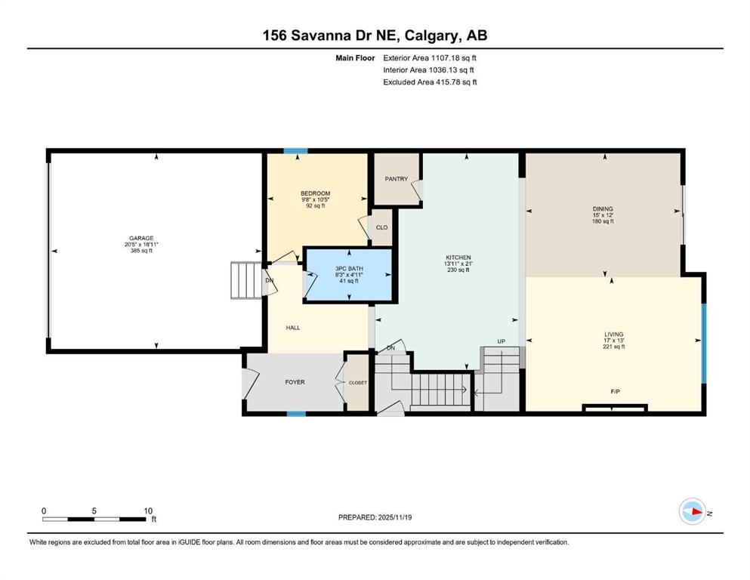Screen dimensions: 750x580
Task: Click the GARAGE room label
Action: (x=141, y=238)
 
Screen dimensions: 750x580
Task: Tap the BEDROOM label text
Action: (x=315, y=193)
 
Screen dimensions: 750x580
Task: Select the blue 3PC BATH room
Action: (x=349, y=275)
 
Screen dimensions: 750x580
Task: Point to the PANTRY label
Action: (x=397, y=179)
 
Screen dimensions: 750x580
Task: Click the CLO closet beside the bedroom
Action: (x=381, y=227)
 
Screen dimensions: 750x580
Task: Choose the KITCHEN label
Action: (x=458, y=258)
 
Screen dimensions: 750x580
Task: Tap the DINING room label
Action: (x=603, y=209)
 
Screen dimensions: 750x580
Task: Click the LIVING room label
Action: (x=614, y=335)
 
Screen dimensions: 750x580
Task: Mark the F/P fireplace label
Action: (x=616, y=392)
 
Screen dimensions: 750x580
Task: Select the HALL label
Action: (x=293, y=328)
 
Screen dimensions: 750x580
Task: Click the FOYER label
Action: (x=295, y=382)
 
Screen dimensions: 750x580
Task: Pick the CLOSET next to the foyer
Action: (x=358, y=383)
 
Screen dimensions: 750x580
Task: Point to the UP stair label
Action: (x=502, y=341)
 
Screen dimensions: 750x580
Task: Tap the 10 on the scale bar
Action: (x=148, y=511)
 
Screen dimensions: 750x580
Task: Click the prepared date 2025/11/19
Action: (x=394, y=517)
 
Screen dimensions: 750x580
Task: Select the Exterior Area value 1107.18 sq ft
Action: (x=453, y=58)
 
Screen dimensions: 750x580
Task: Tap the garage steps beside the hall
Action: (x=246, y=280)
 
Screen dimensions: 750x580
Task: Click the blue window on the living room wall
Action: (x=704, y=344)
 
